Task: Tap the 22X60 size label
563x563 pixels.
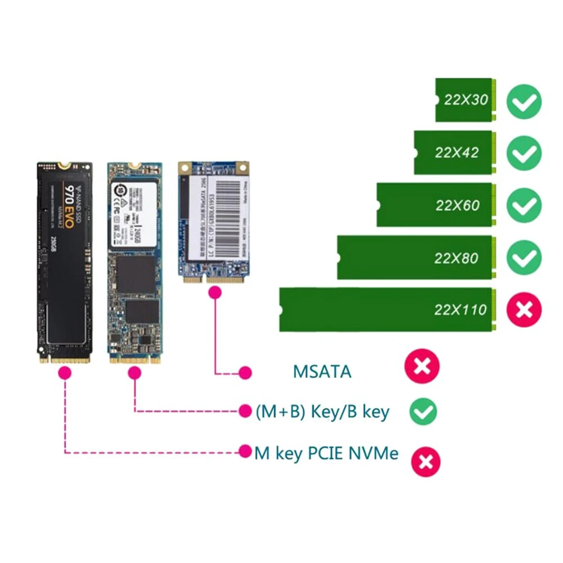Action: (457, 205)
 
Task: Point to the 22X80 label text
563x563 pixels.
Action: (456, 258)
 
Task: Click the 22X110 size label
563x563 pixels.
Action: (461, 309)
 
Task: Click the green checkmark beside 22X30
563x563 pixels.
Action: (524, 101)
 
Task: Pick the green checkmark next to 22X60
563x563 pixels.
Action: (524, 205)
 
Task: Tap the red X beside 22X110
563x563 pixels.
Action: (524, 309)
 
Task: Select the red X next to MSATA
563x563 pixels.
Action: (422, 367)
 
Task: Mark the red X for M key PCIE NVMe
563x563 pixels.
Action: (426, 461)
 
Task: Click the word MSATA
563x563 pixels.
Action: (322, 372)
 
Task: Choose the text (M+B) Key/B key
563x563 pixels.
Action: (322, 412)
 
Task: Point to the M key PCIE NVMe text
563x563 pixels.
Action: (326, 453)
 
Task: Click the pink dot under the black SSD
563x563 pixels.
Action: (65, 372)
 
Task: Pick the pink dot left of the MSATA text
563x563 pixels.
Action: (245, 372)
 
